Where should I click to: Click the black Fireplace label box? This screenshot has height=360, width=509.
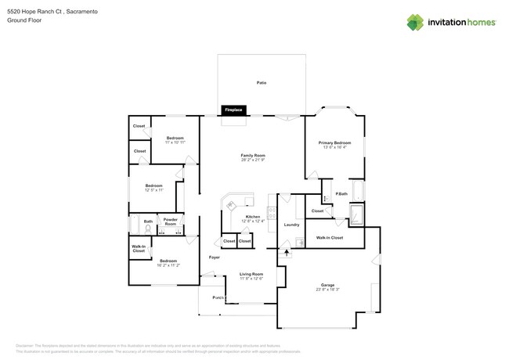pos(233,110)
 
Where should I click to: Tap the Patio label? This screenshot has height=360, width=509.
pos(262,82)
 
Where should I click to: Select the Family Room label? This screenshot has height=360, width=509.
pos(253,156)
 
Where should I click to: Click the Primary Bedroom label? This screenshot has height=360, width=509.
pos(334,143)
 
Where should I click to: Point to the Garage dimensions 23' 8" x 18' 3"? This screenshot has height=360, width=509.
pos(327,290)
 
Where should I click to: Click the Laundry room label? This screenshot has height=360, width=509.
pos(291,225)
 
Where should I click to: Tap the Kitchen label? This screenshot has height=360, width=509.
pos(253,216)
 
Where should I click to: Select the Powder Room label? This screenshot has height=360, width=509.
pos(170,221)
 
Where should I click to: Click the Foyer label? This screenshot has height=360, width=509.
pos(214,257)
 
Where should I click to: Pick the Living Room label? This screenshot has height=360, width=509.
pos(251,274)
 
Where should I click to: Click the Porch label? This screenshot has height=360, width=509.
pos(218,298)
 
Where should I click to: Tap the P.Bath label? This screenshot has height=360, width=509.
pos(341,194)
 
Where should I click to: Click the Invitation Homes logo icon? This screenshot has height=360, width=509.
pos(415,22)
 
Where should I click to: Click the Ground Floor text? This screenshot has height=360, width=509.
pos(23,21)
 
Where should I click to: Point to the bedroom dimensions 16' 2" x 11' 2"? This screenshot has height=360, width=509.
pos(168,265)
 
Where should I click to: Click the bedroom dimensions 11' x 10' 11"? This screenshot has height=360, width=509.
pos(175,142)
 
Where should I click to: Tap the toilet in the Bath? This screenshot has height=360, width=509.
pos(148,230)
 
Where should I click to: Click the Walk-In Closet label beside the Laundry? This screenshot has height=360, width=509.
pos(329,237)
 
